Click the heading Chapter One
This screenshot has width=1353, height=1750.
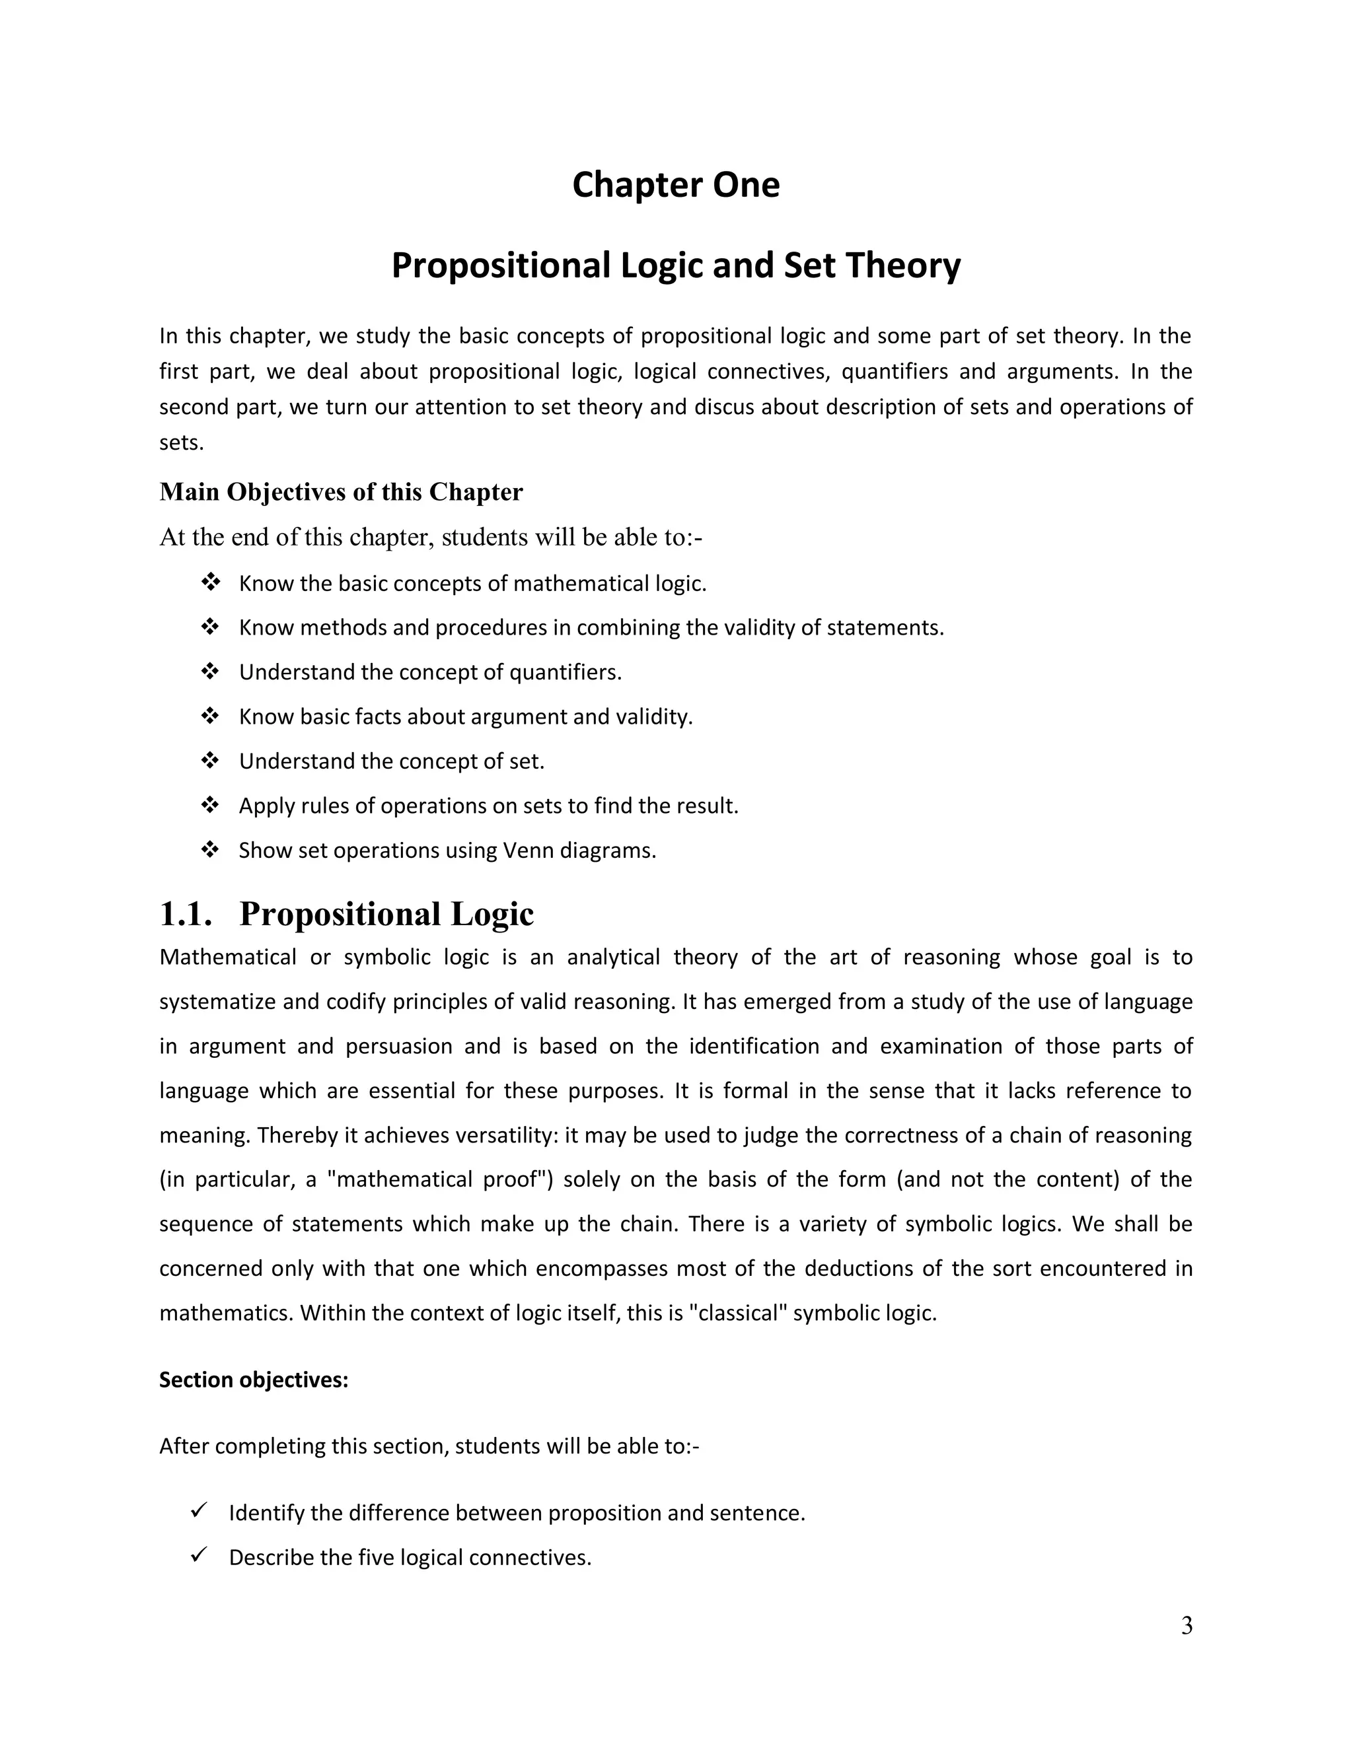tap(675, 185)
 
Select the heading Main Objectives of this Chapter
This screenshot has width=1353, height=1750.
tap(341, 491)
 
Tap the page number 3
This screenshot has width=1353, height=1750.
tap(1187, 1626)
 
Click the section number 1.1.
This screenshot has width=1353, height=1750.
tap(185, 914)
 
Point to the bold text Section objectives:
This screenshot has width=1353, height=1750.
tap(253, 1380)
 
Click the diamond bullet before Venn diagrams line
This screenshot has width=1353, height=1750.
tap(210, 849)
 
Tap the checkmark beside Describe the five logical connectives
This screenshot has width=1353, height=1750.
tap(199, 1555)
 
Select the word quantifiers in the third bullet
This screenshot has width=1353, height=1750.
tap(564, 672)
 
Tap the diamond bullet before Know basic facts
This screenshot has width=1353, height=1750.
tap(210, 716)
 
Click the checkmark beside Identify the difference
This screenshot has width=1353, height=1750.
tap(199, 1510)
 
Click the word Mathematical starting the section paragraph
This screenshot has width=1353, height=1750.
tap(228, 958)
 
